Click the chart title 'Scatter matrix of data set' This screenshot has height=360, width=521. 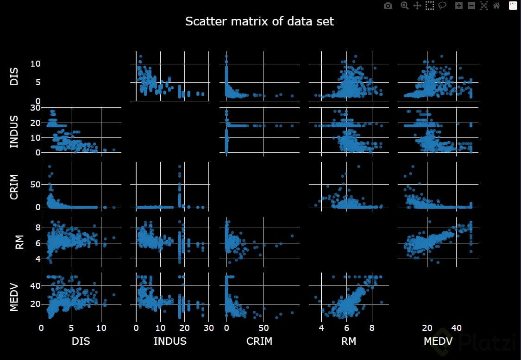click(x=259, y=21)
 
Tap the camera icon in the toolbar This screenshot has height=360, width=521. click(x=388, y=6)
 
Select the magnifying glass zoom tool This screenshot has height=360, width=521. click(x=404, y=6)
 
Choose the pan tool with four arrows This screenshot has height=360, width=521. click(x=417, y=6)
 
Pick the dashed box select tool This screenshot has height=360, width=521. click(x=430, y=6)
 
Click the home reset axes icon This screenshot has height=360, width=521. click(x=496, y=6)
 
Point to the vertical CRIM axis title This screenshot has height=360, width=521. click(x=14, y=187)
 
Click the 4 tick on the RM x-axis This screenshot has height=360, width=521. click(x=321, y=328)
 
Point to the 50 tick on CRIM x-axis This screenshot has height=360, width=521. click(x=263, y=328)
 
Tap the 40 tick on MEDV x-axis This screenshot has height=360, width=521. click(x=457, y=328)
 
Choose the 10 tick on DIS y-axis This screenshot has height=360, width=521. click(x=35, y=63)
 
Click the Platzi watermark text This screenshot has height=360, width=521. click(x=486, y=342)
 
